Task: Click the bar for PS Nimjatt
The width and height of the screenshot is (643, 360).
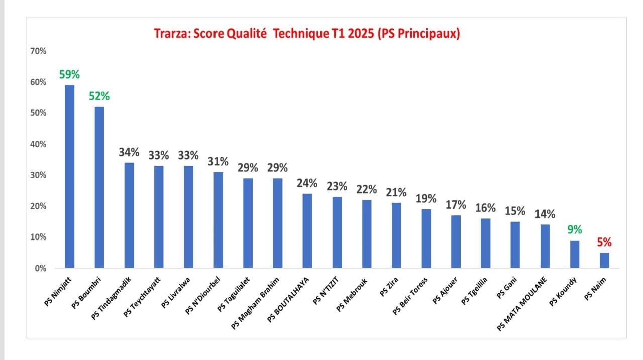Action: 69,176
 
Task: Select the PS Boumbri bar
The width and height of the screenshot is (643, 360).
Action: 99,187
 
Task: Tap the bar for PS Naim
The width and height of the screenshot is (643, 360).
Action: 604,260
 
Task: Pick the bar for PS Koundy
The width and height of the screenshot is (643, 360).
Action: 575,254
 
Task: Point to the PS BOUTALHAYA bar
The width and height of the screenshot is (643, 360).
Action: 307,230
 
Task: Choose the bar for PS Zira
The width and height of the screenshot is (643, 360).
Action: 396,235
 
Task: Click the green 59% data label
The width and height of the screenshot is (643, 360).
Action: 69,74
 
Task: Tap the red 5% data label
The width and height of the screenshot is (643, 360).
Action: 604,242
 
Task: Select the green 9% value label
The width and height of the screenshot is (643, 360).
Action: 575,229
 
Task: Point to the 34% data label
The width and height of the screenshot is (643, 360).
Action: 129,152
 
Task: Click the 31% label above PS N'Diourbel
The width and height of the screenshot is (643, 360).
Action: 218,161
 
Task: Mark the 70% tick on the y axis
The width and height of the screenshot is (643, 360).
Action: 39,51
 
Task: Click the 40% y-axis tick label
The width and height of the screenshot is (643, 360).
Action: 39,144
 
